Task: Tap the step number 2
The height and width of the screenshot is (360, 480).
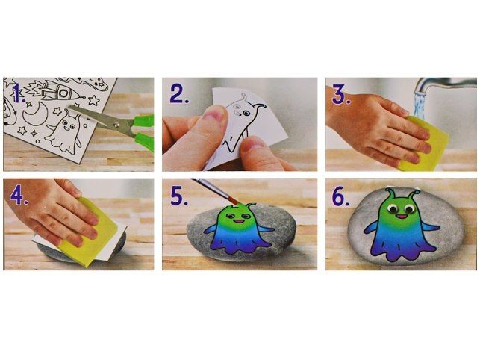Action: (x=179, y=94)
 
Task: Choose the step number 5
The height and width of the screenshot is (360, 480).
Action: (x=179, y=196)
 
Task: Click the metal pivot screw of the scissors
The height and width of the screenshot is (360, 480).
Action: (x=116, y=124)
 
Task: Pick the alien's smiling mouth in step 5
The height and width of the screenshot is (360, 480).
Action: (x=238, y=221)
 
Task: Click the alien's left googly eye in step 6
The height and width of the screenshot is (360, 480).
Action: (x=392, y=209)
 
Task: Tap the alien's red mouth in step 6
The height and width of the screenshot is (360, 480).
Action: (x=400, y=217)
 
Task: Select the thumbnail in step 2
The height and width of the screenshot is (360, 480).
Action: (x=214, y=114)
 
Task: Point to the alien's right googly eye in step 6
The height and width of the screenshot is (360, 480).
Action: (x=408, y=210)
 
